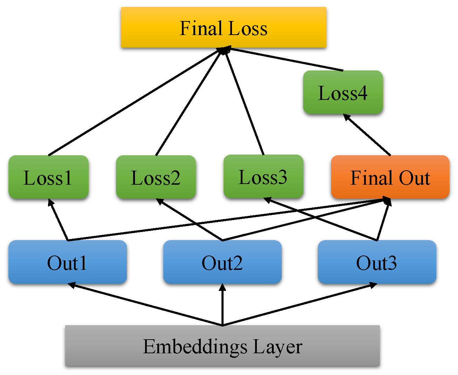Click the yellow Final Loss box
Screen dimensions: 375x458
tap(224, 27)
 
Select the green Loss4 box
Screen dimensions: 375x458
tap(343, 93)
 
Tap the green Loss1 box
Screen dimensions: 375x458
tap(48, 177)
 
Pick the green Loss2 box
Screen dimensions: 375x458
tap(156, 177)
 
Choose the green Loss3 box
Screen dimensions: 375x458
tap(263, 177)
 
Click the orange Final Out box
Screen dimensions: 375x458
tap(390, 177)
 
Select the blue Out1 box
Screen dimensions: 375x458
tap(67, 262)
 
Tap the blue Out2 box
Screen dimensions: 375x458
tap(222, 262)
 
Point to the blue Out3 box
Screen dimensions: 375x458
tap(377, 262)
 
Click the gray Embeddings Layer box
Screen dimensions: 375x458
tap(222, 346)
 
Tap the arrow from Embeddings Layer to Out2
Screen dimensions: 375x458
tap(222, 305)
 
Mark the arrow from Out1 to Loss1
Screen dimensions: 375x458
tap(59, 220)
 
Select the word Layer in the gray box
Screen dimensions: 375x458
tap(277, 347)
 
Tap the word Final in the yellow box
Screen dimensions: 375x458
tap(201, 28)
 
